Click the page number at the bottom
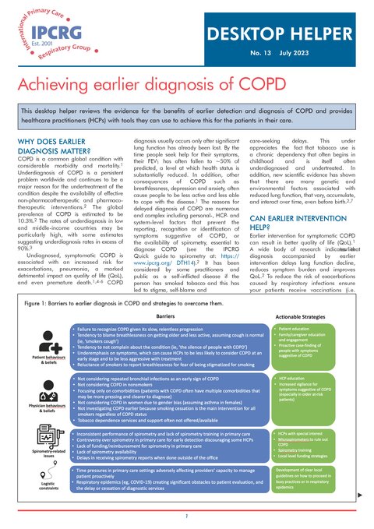click(x=187, y=516)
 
